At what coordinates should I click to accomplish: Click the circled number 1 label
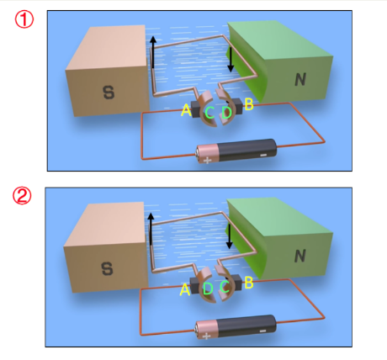coord(24,19)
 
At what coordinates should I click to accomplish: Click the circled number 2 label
coord(22,196)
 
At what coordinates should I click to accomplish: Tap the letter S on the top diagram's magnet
coord(109,93)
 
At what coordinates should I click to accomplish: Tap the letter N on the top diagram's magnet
coord(300,79)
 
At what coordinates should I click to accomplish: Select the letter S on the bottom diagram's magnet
coord(107,268)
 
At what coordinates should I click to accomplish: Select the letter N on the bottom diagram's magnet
coord(300,256)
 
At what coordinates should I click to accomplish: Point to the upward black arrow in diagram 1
coord(153,52)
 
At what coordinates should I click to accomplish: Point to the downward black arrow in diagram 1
coord(231,60)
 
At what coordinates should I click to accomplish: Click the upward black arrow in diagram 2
coord(151,229)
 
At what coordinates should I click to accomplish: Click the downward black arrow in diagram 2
coord(230,236)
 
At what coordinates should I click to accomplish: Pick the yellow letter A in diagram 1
coord(186,110)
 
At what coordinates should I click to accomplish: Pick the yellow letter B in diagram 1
coord(249,104)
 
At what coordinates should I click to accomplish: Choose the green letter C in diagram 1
coord(209,113)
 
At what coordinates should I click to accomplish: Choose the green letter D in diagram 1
coord(227,113)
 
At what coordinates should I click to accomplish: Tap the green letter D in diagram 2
coord(208,289)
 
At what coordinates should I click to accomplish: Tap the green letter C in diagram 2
coord(225,287)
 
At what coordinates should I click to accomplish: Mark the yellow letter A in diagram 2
coord(185,289)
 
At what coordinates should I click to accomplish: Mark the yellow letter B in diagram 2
coord(249,283)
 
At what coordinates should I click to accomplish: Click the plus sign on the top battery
coord(207,161)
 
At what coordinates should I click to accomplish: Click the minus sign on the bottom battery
coord(262,331)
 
